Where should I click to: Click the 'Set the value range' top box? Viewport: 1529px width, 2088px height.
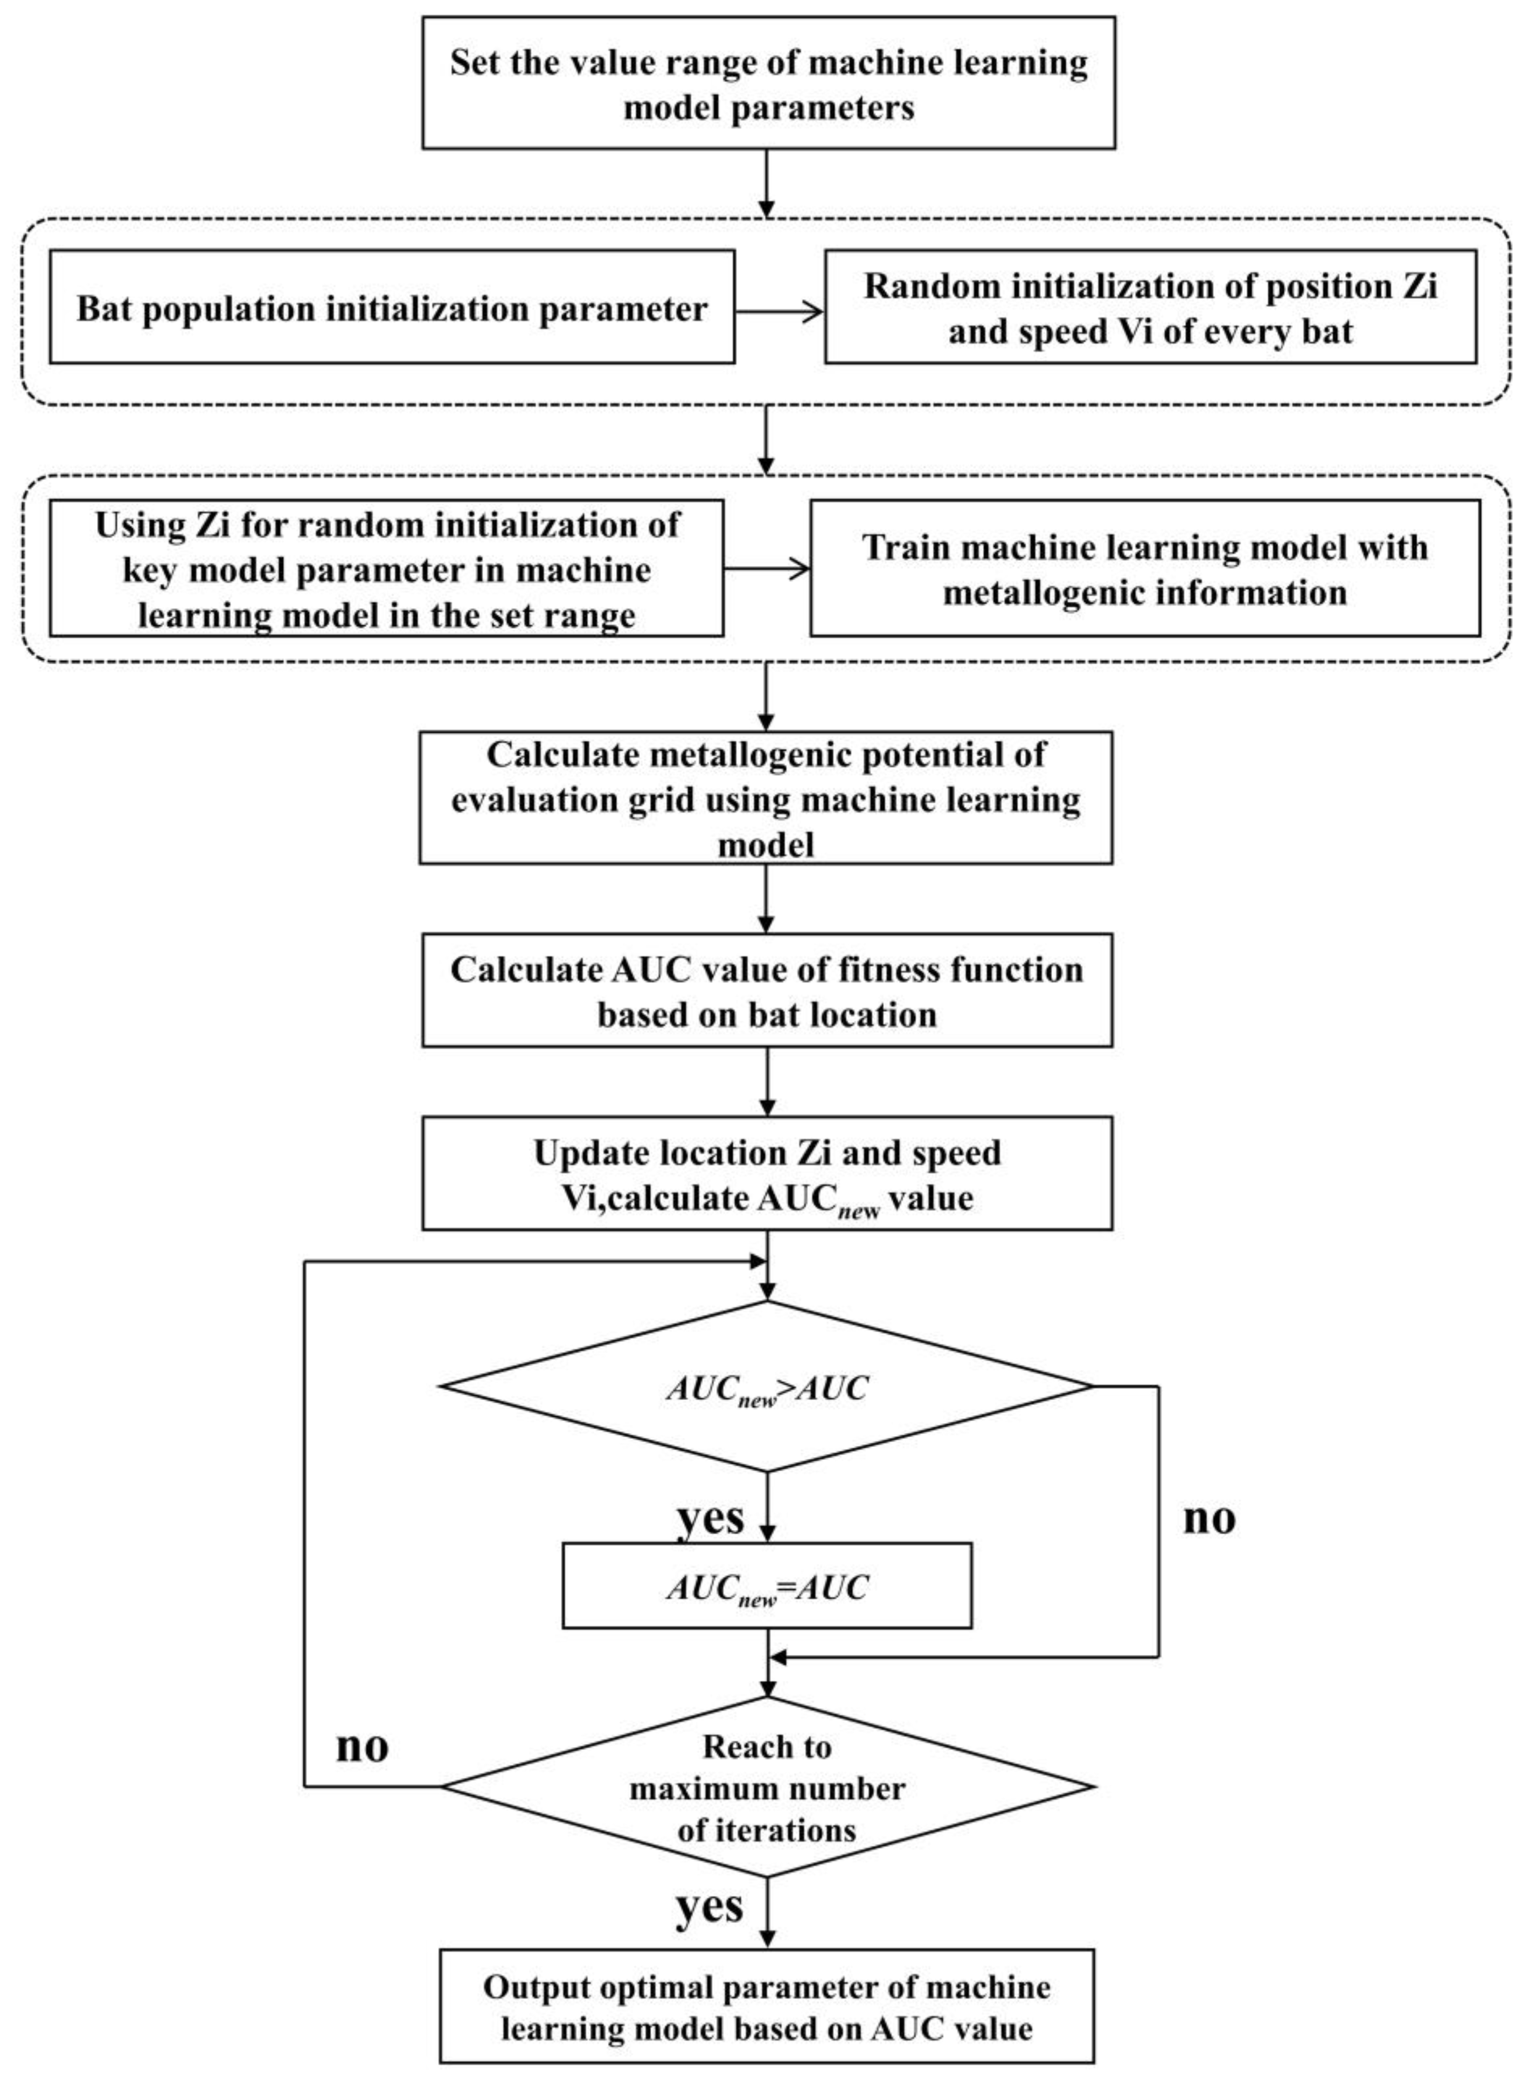pos(768,83)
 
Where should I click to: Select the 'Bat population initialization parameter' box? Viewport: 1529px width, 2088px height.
pos(392,307)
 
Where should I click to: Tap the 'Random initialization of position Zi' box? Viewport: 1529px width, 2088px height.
pos(1150,307)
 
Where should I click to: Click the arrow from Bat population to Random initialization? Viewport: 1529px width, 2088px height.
pos(779,312)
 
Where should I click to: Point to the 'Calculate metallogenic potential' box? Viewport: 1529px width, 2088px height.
pos(766,798)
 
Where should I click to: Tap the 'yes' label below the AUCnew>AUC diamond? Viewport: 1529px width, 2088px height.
pos(710,1519)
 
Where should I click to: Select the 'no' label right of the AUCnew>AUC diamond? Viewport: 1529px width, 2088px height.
pos(1209,1519)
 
